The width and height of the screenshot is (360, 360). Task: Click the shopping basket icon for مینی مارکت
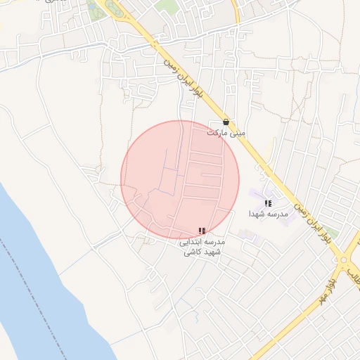[225, 122]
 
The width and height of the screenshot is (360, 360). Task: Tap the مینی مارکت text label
[226, 132]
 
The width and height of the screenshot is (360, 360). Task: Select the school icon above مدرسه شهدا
[268, 202]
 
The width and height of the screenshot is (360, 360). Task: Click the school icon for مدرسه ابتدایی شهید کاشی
[202, 231]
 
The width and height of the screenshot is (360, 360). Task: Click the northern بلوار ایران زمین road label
[184, 78]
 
